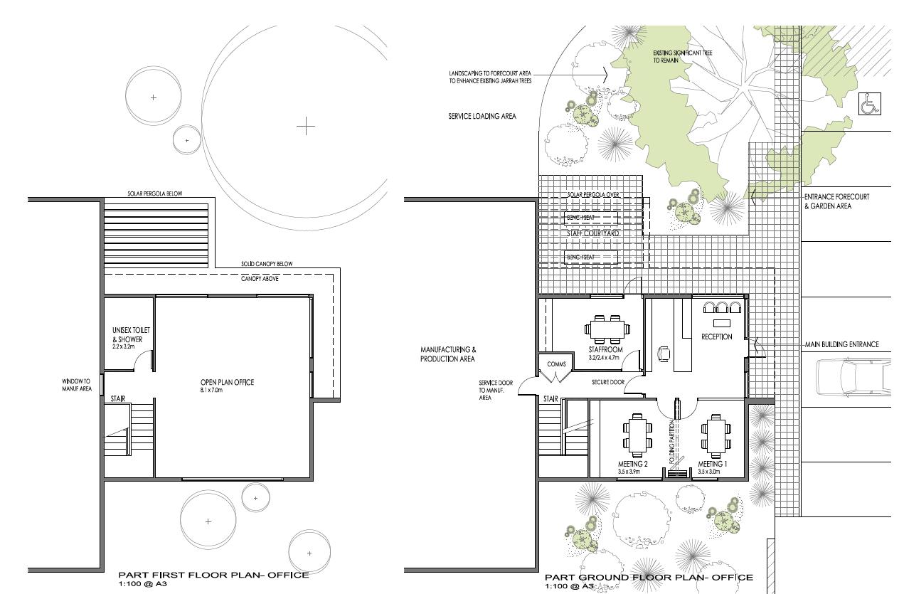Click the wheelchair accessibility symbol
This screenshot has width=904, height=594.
click(869, 104)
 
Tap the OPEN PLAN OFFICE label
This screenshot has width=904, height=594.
click(227, 382)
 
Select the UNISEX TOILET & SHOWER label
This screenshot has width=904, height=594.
click(131, 335)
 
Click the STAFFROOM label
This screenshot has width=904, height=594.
click(605, 349)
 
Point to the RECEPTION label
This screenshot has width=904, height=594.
click(716, 336)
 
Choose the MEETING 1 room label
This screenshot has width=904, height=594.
click(712, 464)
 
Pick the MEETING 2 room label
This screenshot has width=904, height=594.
click(633, 464)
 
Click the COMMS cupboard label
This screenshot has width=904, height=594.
click(556, 364)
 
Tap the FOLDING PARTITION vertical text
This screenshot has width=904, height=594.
click(672, 442)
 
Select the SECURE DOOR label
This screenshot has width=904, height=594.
click(608, 382)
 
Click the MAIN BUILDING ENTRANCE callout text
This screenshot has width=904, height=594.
click(842, 344)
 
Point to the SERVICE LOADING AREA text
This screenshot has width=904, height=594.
click(482, 116)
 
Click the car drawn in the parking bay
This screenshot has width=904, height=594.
click(854, 377)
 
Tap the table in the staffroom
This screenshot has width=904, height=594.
click(607, 329)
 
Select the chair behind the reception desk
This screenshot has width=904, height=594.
click(663, 354)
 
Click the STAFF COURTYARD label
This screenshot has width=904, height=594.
click(593, 233)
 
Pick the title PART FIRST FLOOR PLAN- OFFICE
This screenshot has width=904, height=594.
click(213, 575)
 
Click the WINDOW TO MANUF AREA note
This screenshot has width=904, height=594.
click(77, 385)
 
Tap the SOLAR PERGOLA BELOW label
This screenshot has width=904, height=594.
click(155, 193)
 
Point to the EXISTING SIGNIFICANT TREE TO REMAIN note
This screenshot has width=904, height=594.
click(682, 56)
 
